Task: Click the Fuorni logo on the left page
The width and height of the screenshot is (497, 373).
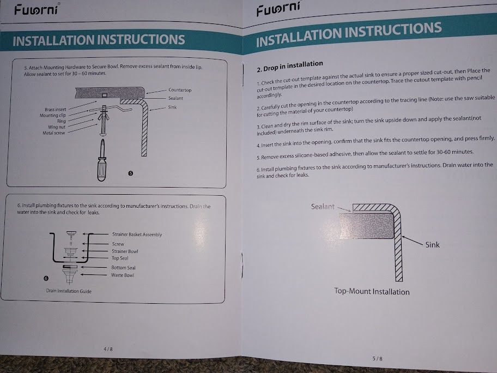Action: click(36, 9)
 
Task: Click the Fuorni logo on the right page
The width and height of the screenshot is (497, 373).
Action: click(278, 9)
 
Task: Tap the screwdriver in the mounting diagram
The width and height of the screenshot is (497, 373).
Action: click(102, 160)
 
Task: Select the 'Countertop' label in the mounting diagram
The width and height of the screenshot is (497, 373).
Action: click(180, 90)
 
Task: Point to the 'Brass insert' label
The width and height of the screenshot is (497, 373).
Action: click(56, 110)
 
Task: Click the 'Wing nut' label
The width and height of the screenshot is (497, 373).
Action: click(57, 127)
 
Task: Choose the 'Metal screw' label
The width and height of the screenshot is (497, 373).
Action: click(53, 133)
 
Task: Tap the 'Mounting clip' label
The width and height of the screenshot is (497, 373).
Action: click(53, 115)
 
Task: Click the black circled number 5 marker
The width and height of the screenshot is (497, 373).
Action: click(130, 173)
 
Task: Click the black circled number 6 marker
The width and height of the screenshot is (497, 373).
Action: click(46, 278)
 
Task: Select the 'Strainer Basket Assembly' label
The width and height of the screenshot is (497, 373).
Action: click(137, 234)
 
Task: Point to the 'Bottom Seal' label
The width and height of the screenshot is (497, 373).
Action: click(123, 267)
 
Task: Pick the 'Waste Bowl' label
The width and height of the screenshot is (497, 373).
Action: click(123, 275)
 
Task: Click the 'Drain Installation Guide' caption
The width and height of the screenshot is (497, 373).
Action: click(69, 291)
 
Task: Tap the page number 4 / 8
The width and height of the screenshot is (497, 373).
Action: click(108, 349)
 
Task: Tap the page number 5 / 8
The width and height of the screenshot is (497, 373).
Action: click(377, 359)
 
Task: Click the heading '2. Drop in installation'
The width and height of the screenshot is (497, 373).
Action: click(290, 66)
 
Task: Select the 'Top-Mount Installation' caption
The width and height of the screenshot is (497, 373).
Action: click(372, 292)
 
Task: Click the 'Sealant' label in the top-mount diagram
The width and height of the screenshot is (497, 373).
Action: click(323, 207)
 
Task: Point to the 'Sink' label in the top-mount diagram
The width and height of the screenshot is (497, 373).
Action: click(432, 244)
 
